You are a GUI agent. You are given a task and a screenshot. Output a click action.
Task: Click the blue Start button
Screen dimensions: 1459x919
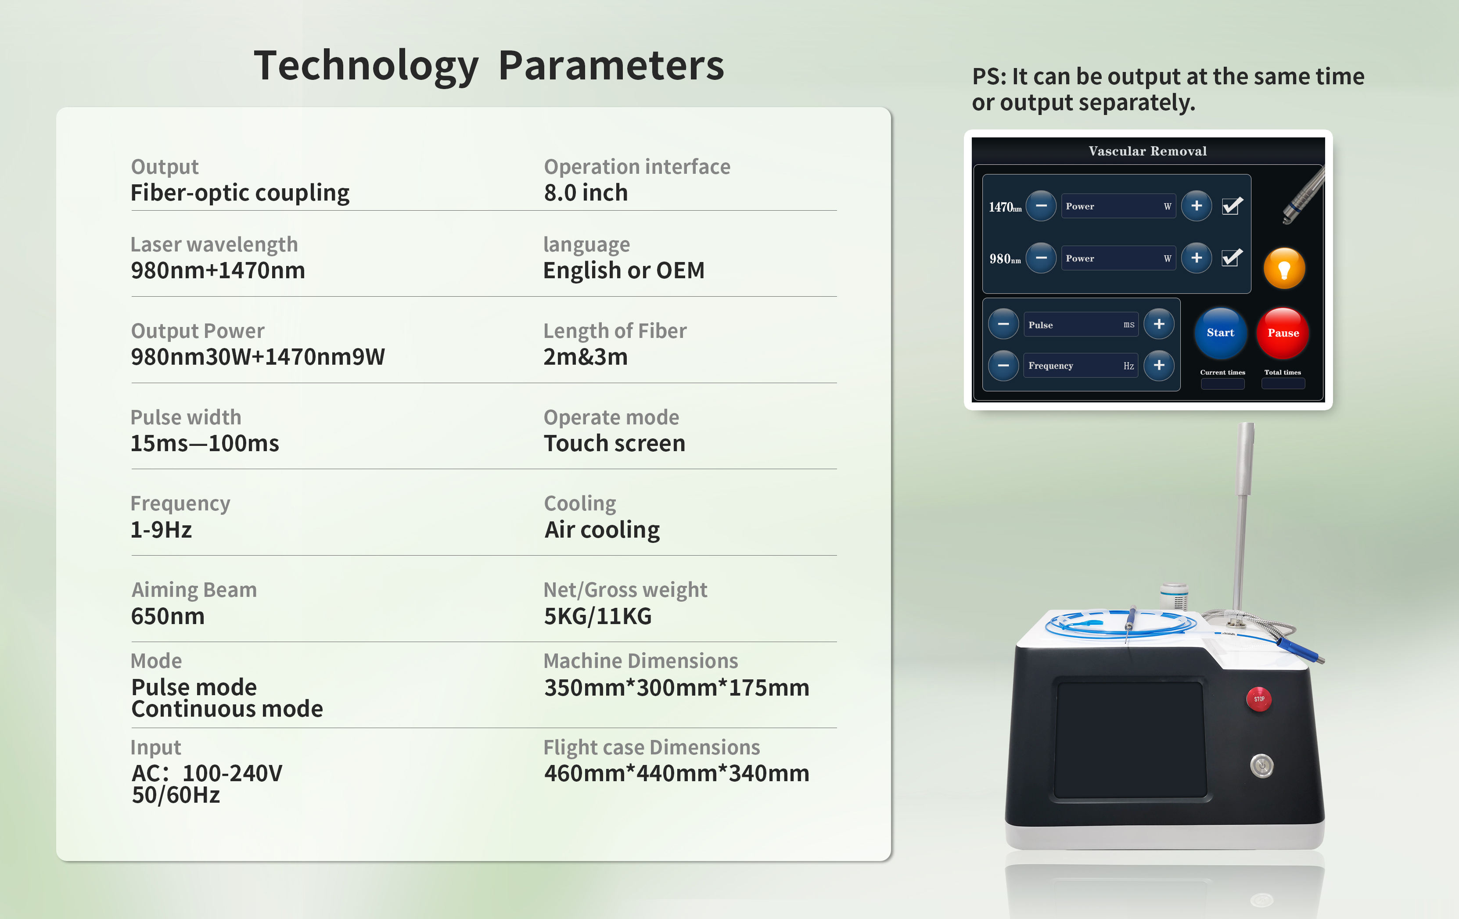(x=1220, y=333)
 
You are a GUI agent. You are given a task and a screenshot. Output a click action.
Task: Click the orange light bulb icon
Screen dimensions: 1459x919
(x=1284, y=268)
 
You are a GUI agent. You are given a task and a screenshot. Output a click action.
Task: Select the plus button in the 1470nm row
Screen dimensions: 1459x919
(x=1197, y=206)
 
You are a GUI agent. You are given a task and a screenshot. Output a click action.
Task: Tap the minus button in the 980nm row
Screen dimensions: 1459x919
(x=1041, y=258)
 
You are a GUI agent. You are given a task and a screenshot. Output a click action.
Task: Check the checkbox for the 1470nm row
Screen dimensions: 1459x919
(x=1232, y=206)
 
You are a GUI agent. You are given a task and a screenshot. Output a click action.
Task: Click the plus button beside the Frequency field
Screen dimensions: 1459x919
(x=1159, y=365)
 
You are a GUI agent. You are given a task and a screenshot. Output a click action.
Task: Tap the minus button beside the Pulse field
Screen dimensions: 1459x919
(x=1003, y=324)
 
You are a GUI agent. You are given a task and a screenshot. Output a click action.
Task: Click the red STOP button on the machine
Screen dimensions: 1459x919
(x=1259, y=699)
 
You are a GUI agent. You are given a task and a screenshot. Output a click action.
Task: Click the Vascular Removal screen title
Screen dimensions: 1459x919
(x=1147, y=151)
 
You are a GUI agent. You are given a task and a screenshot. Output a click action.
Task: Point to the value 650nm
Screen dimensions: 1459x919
(x=168, y=616)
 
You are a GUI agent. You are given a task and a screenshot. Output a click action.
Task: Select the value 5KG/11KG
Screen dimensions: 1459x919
(x=597, y=616)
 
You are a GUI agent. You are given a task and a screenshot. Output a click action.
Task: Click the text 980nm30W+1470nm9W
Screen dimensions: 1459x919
(x=258, y=357)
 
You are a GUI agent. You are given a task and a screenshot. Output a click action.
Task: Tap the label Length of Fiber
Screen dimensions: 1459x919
(x=615, y=331)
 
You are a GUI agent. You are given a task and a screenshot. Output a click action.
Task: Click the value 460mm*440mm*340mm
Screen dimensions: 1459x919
(x=677, y=773)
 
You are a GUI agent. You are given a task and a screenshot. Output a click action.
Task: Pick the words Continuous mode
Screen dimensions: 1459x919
(x=227, y=709)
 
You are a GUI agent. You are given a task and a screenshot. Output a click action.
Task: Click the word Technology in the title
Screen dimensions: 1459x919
(x=367, y=65)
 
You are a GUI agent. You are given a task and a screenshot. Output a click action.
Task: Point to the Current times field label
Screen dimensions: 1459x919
(x=1223, y=373)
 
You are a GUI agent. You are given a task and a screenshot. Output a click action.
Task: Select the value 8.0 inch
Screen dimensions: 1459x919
(x=586, y=193)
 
